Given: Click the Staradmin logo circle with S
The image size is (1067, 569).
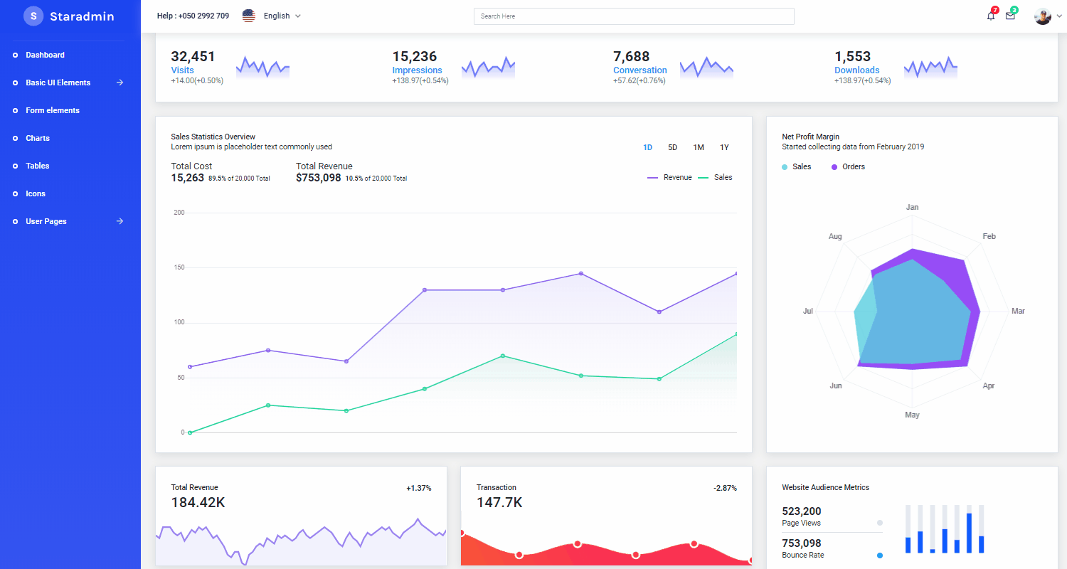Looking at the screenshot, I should (x=33, y=16).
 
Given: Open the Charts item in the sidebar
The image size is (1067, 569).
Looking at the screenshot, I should (x=38, y=138).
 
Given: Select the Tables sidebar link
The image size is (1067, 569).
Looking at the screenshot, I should (x=38, y=166).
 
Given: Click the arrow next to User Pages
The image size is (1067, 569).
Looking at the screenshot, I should (x=120, y=221).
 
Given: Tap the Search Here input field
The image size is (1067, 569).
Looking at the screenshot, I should (x=633, y=16).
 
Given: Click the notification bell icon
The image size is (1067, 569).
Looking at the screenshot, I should (x=991, y=16).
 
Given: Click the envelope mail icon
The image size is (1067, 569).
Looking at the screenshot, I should (x=1010, y=16).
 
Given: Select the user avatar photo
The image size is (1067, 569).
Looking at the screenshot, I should (x=1042, y=16).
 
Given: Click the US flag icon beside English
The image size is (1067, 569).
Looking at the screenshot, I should (x=248, y=16).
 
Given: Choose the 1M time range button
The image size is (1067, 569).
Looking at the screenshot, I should (x=699, y=147).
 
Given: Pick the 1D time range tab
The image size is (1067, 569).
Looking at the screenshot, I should (x=647, y=147).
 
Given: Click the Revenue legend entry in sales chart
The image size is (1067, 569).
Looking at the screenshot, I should (x=669, y=178).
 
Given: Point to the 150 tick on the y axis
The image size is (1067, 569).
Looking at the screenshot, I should (x=179, y=267).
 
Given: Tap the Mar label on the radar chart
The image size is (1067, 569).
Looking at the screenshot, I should (x=1018, y=311).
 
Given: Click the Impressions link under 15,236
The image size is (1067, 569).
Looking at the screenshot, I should (x=417, y=70).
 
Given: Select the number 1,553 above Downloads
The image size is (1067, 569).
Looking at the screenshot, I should (x=852, y=56).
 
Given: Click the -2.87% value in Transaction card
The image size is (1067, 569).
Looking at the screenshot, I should (x=725, y=488).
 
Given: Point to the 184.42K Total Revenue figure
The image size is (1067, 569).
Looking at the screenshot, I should (x=198, y=502).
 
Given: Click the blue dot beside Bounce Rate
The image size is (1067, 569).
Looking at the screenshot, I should (x=880, y=555).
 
